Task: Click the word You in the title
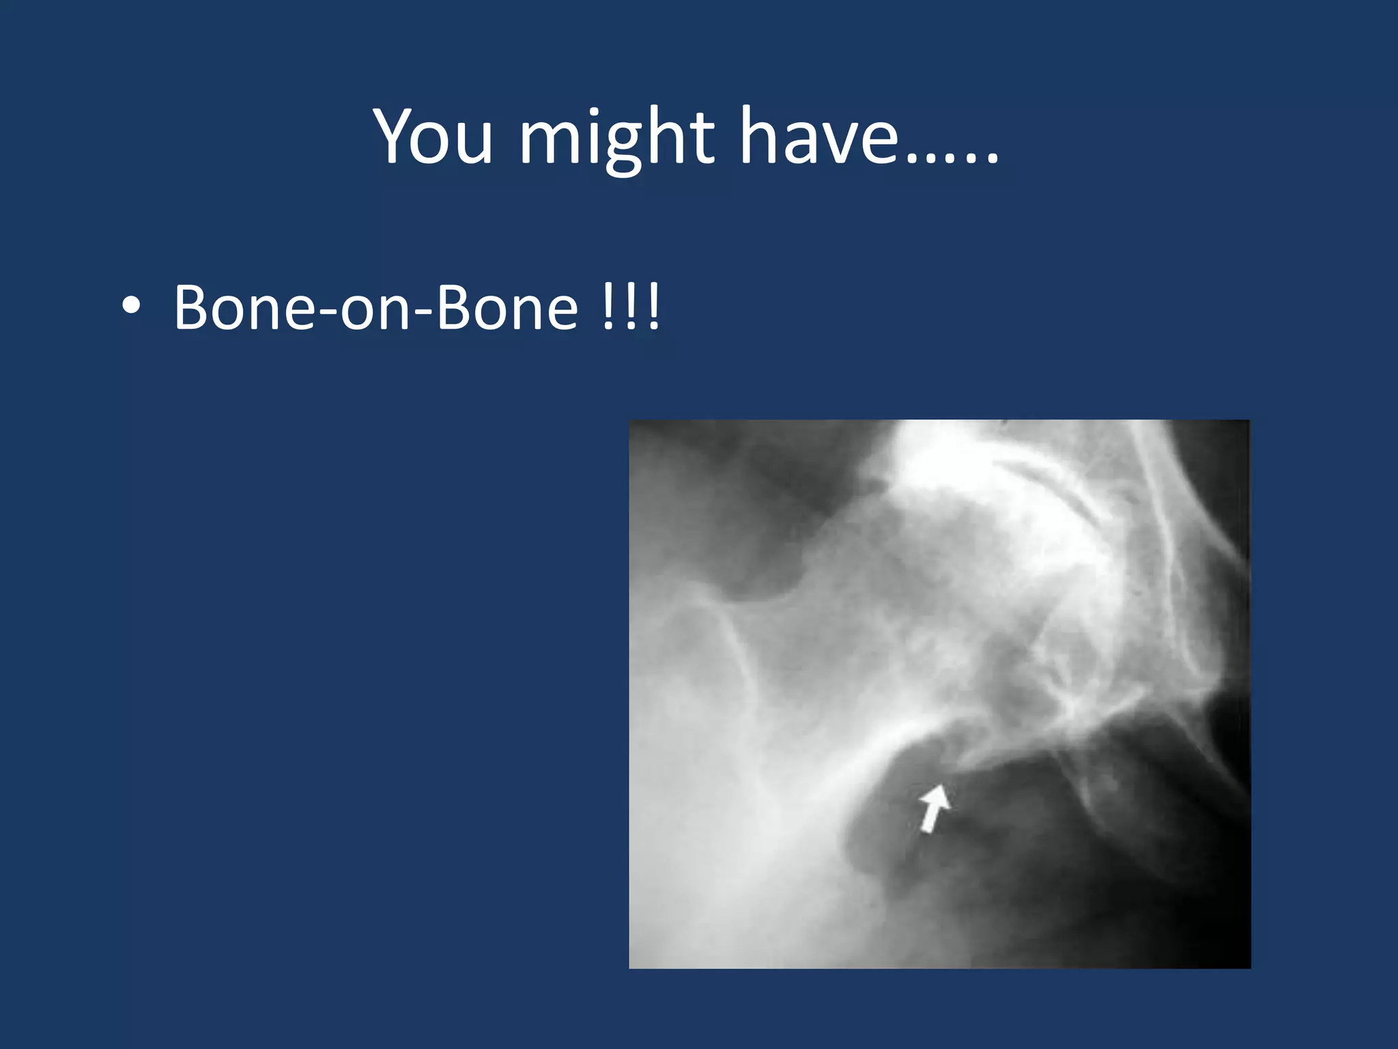[x=432, y=137]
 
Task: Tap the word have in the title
[x=820, y=137]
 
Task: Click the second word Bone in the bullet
[x=507, y=307]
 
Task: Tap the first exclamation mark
[x=608, y=307]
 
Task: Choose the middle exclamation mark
[x=631, y=307]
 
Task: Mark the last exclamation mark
[x=654, y=307]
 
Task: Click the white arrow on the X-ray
[x=933, y=808]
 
